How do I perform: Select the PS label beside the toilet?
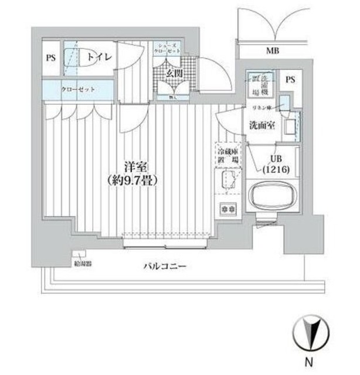coord(51,57)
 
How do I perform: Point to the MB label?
coord(273,50)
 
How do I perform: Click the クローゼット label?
coord(79,90)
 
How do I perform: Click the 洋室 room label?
coord(137,166)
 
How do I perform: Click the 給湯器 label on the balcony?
coord(81,264)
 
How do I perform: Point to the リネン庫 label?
coord(260,108)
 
